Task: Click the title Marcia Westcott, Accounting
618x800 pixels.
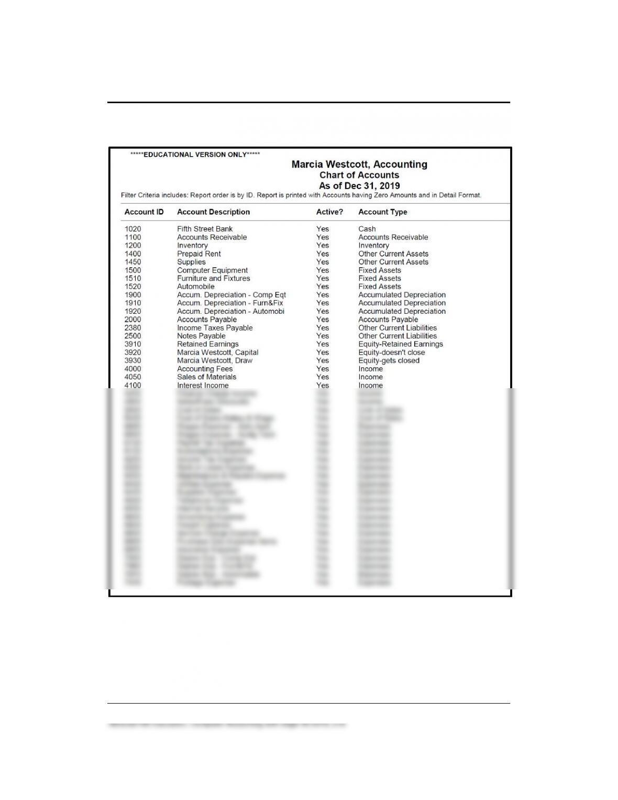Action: tap(359, 165)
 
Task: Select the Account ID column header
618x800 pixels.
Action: tap(144, 212)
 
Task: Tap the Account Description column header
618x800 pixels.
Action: tap(213, 212)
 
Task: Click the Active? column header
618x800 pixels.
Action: tap(329, 212)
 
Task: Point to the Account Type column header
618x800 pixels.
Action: tap(382, 212)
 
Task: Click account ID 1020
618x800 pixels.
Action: tap(133, 229)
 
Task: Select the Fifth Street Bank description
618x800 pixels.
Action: tap(205, 229)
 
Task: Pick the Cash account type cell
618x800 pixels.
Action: tap(367, 229)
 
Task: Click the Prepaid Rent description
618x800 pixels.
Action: tap(198, 254)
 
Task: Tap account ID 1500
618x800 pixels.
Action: tap(133, 270)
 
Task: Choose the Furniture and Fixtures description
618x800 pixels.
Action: tap(213, 278)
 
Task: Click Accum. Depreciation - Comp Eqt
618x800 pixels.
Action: tap(231, 295)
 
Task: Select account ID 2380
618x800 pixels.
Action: tap(133, 328)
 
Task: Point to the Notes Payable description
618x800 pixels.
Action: tap(201, 336)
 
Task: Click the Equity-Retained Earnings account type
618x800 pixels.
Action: tap(401, 344)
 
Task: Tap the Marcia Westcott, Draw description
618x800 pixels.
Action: tap(215, 360)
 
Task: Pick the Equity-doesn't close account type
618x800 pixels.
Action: tap(392, 353)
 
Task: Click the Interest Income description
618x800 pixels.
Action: tap(203, 386)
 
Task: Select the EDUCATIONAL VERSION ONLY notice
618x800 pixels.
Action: tap(195, 155)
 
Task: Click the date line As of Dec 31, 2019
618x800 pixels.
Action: tap(359, 186)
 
